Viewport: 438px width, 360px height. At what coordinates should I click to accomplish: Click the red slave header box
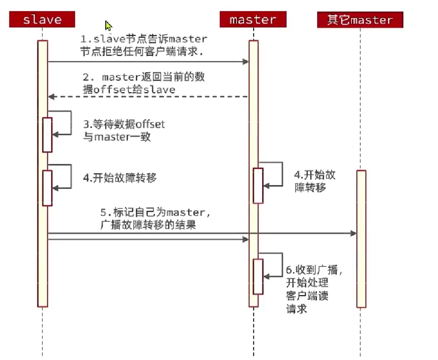coord(42,20)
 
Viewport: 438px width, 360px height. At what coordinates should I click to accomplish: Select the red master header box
coord(253,20)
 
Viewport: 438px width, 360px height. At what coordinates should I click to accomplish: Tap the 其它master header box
coord(360,20)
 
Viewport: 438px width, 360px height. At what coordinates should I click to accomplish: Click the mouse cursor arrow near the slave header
coord(108,26)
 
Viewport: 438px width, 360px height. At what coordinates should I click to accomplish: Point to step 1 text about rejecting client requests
coord(143,45)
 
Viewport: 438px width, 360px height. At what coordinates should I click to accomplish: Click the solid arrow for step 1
coord(149,61)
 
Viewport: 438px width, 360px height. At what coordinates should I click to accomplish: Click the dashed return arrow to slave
coord(149,96)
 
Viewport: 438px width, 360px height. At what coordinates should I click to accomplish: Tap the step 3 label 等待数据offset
coord(124,130)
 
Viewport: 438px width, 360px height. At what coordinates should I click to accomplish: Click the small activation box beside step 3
coord(47,134)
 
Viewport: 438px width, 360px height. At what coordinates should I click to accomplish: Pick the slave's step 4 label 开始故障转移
coord(120,178)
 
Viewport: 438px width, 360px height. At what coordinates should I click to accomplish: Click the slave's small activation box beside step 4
coord(47,187)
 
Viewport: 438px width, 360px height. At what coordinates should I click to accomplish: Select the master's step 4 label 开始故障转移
coord(314,181)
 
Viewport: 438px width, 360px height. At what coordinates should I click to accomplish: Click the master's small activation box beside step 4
coord(258,185)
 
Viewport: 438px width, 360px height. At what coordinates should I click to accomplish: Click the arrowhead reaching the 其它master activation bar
coord(354,233)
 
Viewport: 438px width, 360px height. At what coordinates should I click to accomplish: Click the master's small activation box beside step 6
coord(258,276)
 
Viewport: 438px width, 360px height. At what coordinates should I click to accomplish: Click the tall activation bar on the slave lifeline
coord(42,248)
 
